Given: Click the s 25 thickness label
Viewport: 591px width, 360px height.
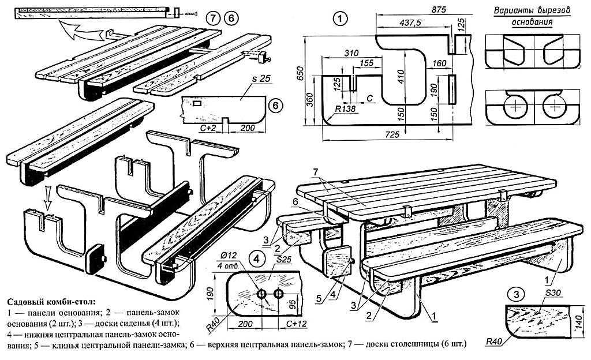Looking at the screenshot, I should (262, 78).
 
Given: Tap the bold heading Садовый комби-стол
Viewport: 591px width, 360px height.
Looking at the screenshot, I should (50, 301).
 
